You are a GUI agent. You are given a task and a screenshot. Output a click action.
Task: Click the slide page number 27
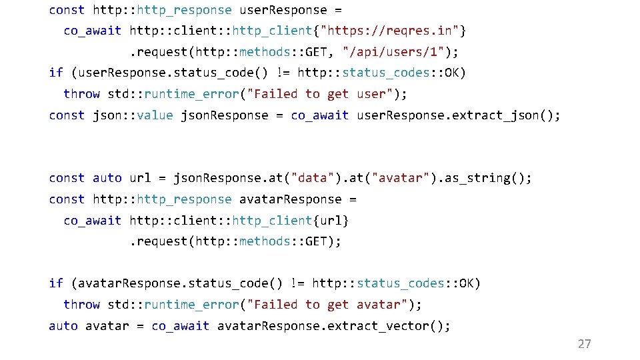point(584,344)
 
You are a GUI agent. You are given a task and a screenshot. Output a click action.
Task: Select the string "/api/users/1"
point(393,52)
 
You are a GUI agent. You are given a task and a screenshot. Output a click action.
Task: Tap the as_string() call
point(492,178)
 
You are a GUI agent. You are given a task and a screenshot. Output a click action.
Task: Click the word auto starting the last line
point(63,326)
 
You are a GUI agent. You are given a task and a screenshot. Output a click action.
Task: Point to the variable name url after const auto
point(140,178)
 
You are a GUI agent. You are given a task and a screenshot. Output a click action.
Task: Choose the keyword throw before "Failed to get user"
point(81,94)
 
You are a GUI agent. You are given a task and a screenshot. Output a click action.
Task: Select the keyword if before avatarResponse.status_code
point(56,283)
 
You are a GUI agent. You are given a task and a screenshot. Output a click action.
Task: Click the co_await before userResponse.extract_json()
point(319,115)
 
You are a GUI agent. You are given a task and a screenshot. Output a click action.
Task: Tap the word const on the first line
point(67,10)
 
